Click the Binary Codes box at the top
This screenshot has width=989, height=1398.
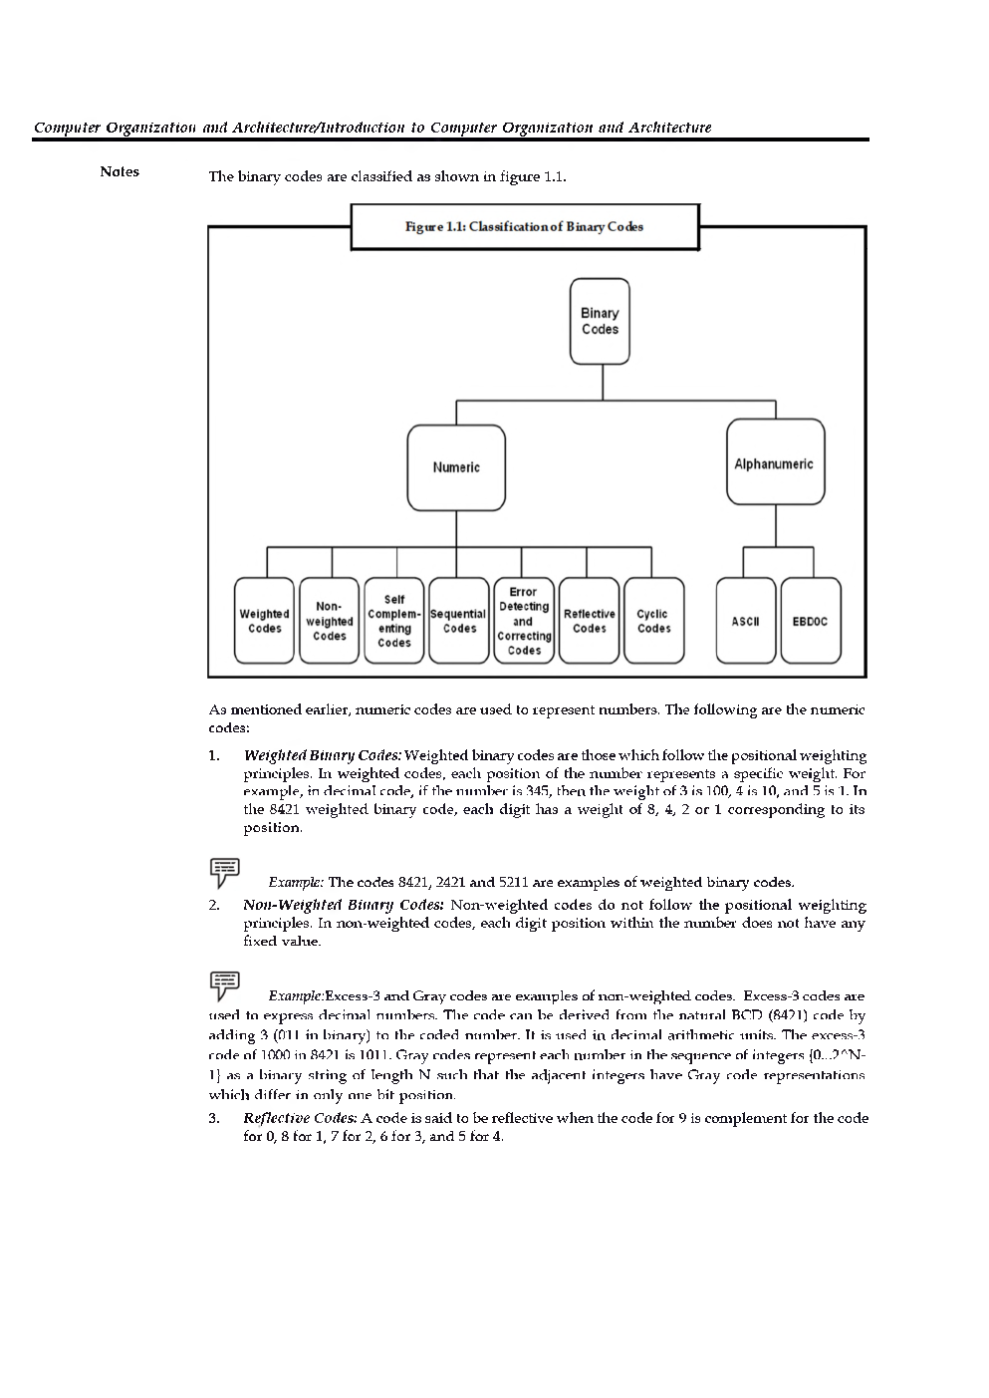click(600, 321)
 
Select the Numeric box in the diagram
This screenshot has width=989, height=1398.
click(456, 467)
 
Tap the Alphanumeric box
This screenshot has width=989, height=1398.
click(775, 463)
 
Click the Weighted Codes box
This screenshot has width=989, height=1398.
click(264, 621)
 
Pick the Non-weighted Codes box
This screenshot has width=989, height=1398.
click(330, 621)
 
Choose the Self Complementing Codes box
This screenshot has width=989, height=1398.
click(394, 621)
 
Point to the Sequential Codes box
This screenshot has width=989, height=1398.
click(459, 621)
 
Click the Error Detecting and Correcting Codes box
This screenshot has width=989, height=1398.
click(524, 621)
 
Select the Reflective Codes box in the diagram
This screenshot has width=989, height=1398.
click(589, 621)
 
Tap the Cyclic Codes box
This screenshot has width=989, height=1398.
click(653, 621)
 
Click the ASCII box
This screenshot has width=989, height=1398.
click(746, 621)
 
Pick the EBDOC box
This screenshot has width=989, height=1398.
click(811, 621)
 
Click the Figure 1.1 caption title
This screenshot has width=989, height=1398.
click(524, 227)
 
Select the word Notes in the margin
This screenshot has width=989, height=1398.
click(120, 171)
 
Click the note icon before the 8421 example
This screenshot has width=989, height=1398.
click(224, 871)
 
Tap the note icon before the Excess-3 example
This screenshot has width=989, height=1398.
click(224, 984)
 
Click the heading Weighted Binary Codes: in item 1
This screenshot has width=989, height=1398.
click(322, 756)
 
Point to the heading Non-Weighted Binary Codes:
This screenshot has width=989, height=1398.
click(343, 905)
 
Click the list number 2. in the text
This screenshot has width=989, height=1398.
click(214, 905)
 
